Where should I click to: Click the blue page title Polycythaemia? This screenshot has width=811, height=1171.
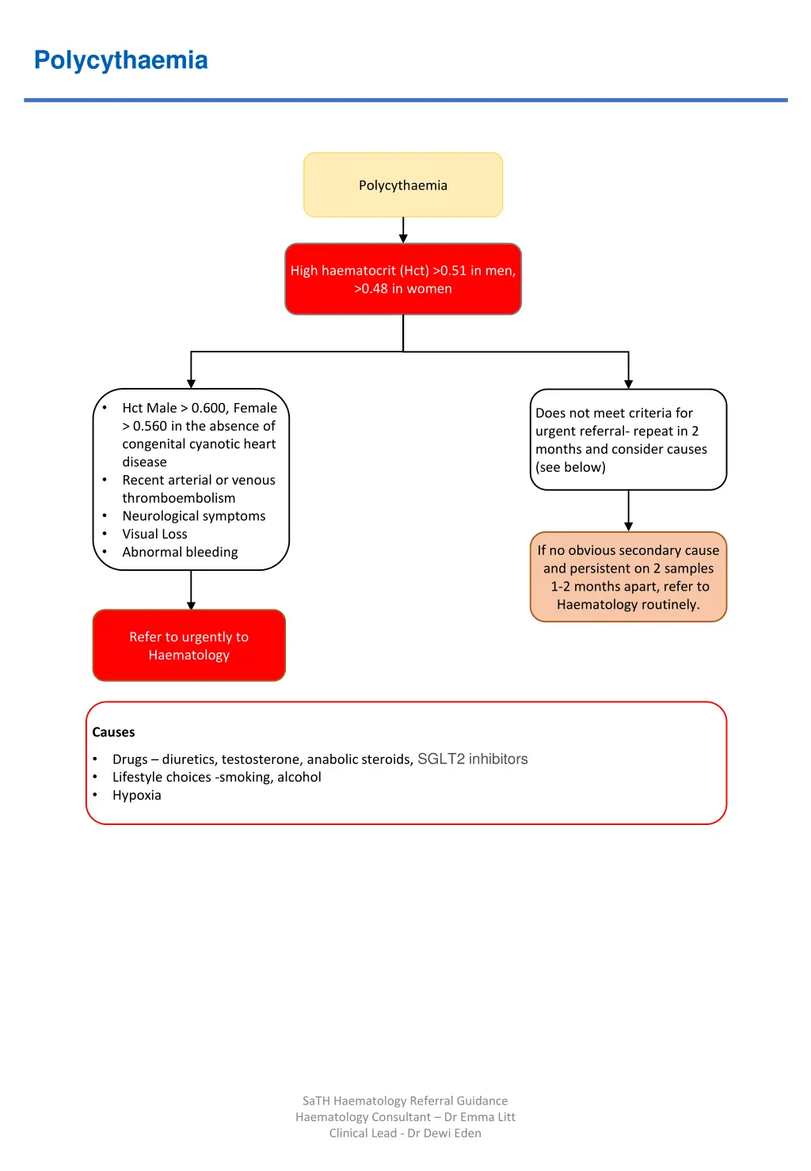(x=120, y=60)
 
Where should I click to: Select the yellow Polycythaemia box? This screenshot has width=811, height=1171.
(x=403, y=184)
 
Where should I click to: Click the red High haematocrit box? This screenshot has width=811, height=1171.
(x=403, y=279)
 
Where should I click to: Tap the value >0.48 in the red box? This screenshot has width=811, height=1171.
(x=371, y=289)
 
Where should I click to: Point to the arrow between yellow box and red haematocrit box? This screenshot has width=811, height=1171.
(x=403, y=230)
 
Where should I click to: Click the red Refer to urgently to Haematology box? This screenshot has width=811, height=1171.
(x=189, y=645)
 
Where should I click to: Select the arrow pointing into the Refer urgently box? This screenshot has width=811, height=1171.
(x=191, y=591)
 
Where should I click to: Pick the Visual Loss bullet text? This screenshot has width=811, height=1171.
(x=154, y=534)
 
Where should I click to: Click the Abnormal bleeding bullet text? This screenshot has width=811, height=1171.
(x=180, y=553)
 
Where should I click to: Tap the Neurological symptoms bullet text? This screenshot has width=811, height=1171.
(x=194, y=516)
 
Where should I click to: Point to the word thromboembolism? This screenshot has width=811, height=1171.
(x=178, y=498)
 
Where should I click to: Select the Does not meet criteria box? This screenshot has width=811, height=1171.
(x=628, y=439)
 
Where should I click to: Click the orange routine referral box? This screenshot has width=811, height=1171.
(x=628, y=577)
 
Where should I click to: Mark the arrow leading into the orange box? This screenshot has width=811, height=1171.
(x=628, y=511)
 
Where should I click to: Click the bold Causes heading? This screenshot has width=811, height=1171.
(x=113, y=732)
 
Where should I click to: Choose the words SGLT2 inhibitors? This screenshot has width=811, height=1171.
(x=472, y=759)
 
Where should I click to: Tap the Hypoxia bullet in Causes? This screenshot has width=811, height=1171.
(x=136, y=796)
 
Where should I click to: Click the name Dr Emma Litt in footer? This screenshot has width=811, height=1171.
(x=479, y=1117)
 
